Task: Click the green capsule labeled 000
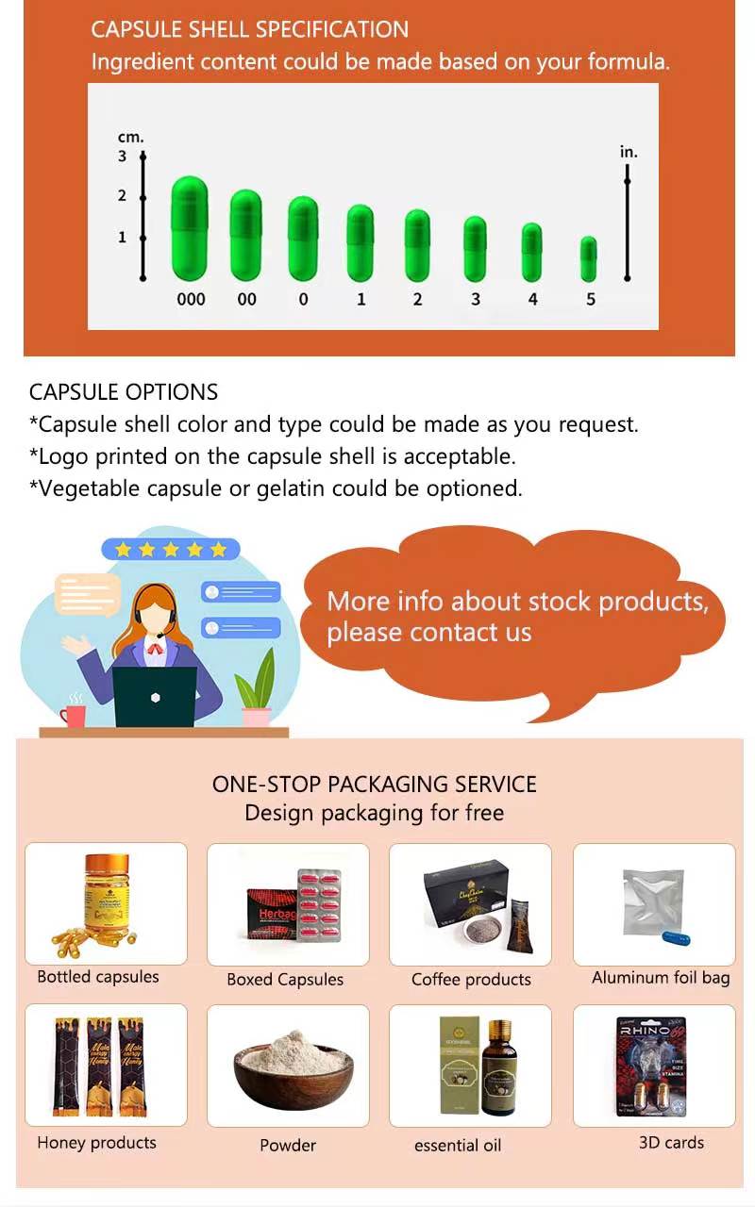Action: [x=190, y=228]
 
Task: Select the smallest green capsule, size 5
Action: [x=589, y=259]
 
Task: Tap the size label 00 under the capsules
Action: [x=246, y=300]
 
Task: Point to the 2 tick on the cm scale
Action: [x=143, y=197]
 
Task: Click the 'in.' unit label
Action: [x=629, y=152]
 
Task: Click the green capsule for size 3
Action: [x=475, y=249]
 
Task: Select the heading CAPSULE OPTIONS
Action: [x=124, y=392]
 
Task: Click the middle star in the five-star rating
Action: [x=171, y=549]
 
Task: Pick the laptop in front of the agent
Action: [x=155, y=697]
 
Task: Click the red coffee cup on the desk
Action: [x=73, y=714]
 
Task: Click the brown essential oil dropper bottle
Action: [x=498, y=1075]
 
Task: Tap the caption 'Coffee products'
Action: [x=471, y=980]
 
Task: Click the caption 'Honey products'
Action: [x=96, y=1143]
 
